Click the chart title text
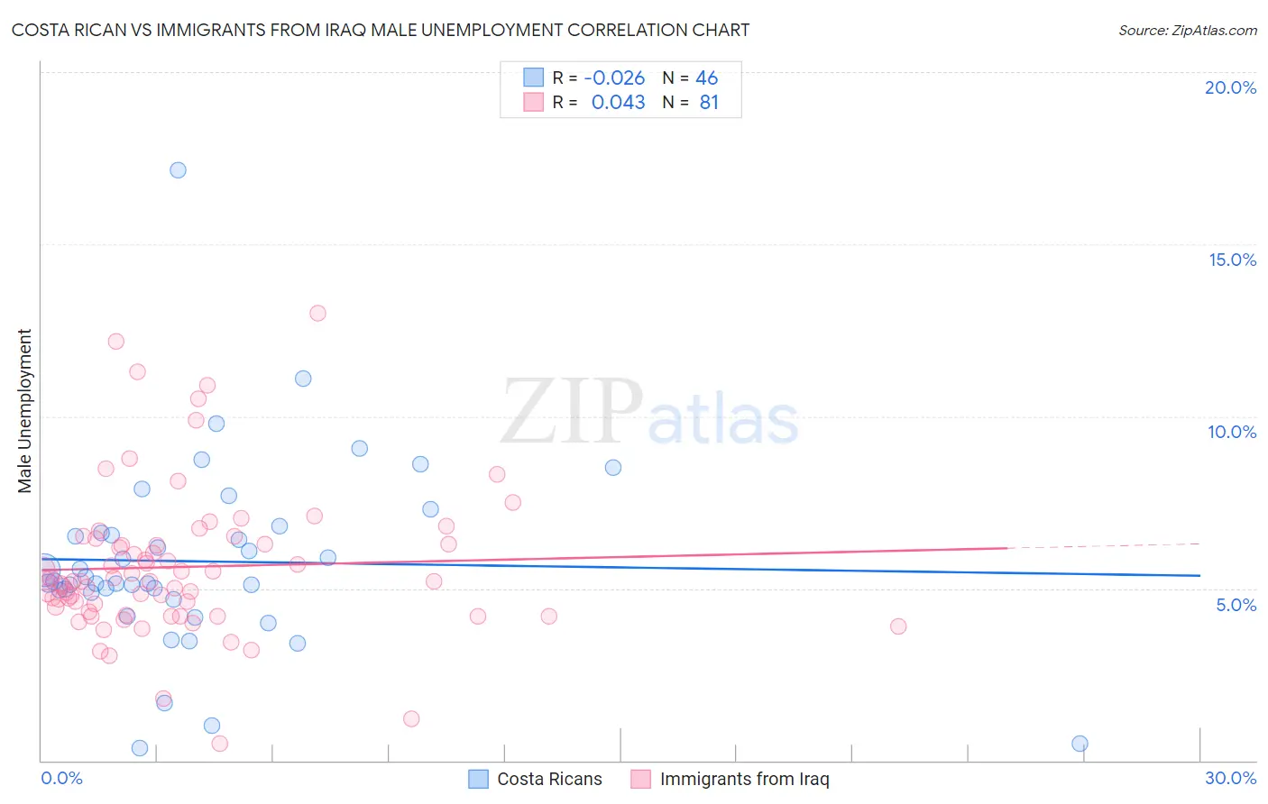(380, 30)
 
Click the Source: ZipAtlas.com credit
(1187, 30)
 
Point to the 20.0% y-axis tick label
(1230, 87)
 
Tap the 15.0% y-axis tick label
(1232, 260)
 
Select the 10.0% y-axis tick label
(1232, 432)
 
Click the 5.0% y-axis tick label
(1236, 605)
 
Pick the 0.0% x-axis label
(61, 778)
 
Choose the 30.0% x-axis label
(1230, 778)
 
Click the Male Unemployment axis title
(24, 411)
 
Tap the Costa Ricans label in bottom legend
(549, 779)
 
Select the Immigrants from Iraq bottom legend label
(744, 779)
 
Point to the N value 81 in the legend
(709, 103)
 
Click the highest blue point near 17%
(178, 170)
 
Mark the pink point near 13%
(317, 314)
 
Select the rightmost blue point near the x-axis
(1080, 744)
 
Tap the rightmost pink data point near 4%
(897, 626)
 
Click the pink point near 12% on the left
(115, 342)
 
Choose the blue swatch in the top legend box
(534, 78)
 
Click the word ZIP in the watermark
(572, 413)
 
